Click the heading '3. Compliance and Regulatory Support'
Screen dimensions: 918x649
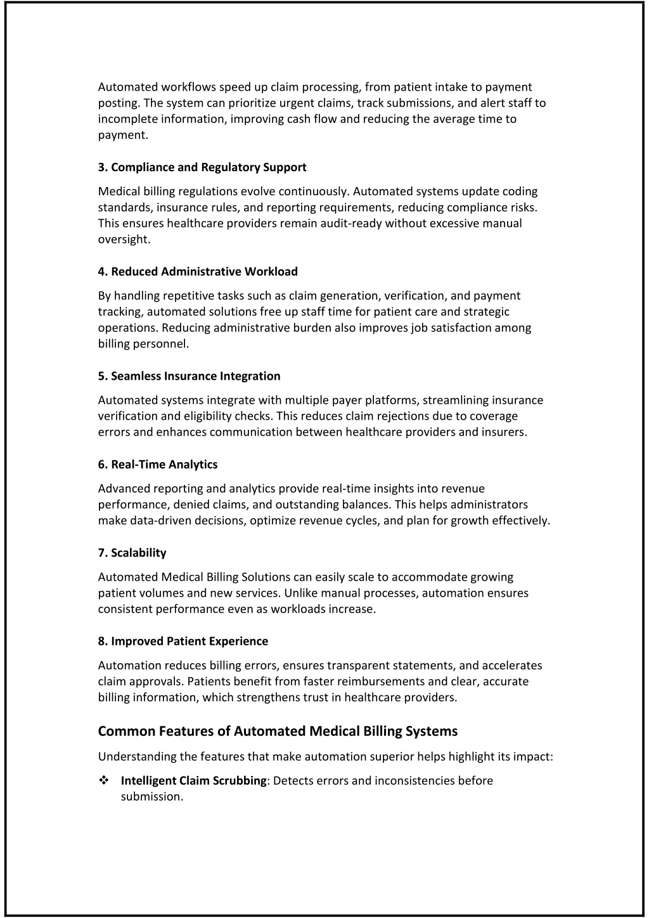202,167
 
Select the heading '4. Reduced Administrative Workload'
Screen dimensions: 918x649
198,272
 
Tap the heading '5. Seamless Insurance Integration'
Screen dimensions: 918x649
189,377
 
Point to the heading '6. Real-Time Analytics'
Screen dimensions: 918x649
158,465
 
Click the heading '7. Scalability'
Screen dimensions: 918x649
132,553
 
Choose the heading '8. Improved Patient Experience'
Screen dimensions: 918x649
183,642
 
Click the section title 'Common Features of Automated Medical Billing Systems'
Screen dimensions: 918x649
278,732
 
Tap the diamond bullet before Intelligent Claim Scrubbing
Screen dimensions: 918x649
103,780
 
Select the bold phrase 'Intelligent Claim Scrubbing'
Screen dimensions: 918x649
193,781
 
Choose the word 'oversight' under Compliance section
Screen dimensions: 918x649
123,240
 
